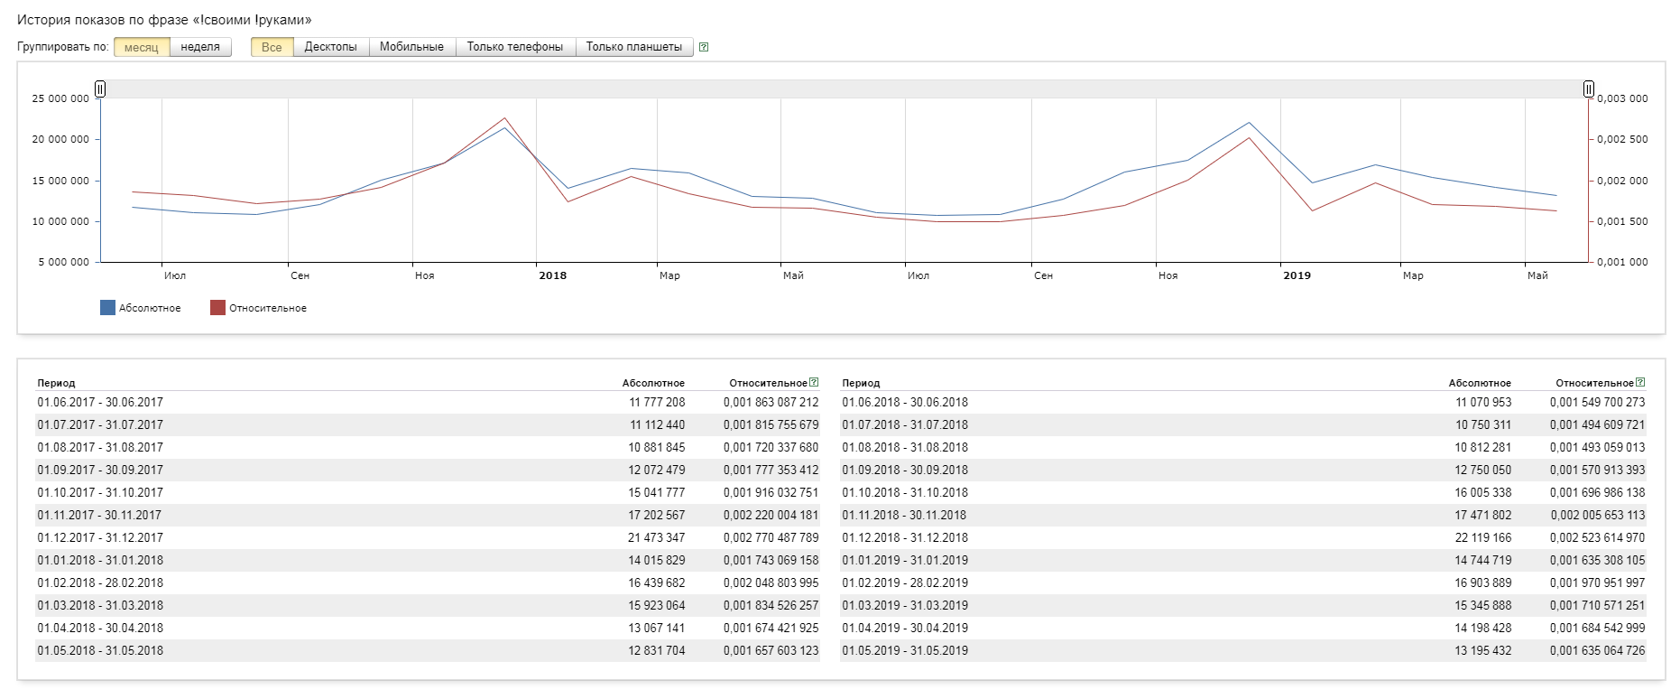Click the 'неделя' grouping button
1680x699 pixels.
tap(200, 47)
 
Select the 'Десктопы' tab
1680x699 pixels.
tap(330, 47)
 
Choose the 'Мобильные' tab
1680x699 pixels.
tap(411, 47)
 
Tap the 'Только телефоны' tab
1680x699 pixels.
tap(514, 47)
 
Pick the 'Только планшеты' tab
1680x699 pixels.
tap(633, 47)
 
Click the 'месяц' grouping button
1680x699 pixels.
tap(142, 47)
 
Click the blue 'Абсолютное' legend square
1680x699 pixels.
tap(107, 308)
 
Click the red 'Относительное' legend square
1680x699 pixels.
tap(217, 308)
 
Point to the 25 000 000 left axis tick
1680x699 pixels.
tap(60, 98)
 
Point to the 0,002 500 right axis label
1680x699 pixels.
tap(1622, 139)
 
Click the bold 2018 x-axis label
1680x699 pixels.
tap(553, 275)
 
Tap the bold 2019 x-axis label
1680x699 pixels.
tap(1297, 275)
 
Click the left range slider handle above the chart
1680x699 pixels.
tap(100, 89)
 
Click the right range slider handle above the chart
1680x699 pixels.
tap(1589, 89)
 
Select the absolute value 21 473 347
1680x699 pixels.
tap(657, 537)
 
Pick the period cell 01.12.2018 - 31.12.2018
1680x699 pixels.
tap(905, 537)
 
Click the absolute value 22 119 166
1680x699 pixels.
tap(1483, 537)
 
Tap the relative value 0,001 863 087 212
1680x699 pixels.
tap(771, 402)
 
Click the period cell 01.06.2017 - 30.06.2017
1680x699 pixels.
tap(100, 402)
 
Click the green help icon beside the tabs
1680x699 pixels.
tap(704, 47)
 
